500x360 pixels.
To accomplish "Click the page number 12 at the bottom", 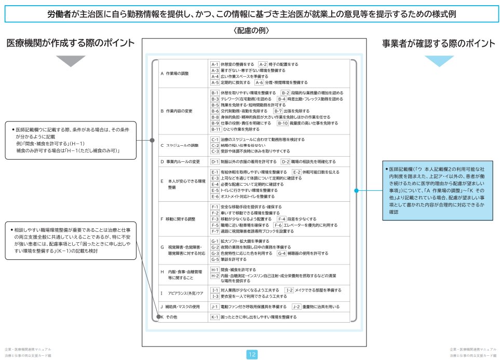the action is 251,354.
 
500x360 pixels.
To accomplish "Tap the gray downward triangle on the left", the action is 70,61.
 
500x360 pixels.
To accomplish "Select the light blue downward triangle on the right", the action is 439,61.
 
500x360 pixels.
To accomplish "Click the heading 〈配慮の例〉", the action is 251,31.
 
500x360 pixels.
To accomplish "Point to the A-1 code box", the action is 214,64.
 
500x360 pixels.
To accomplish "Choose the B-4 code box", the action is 281,99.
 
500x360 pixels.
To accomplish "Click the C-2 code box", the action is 214,145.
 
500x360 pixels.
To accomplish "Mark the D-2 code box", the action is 285,162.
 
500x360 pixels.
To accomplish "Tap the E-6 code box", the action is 214,197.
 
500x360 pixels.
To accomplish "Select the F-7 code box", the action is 214,231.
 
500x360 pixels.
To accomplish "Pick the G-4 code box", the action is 281,253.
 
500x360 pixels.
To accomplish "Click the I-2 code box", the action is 289,290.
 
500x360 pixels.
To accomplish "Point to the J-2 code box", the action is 296,307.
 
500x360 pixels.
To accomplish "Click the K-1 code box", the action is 214,316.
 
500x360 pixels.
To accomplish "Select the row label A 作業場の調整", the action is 174,73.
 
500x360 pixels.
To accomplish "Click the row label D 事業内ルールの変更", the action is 180,162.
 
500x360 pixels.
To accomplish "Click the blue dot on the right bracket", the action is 356,191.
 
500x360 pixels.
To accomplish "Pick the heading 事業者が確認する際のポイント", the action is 439,44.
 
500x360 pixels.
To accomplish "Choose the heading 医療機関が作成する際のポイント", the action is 70,44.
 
